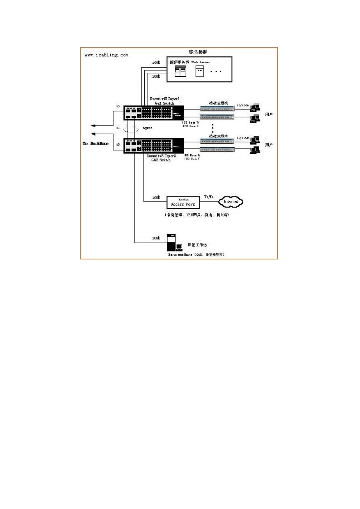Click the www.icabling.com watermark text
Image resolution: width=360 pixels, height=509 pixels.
pyautogui.click(x=106, y=55)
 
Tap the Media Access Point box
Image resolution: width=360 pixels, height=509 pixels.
pyautogui.click(x=183, y=202)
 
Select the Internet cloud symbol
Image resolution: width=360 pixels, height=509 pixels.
pyautogui.click(x=231, y=201)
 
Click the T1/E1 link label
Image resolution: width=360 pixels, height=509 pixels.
pyautogui.click(x=209, y=197)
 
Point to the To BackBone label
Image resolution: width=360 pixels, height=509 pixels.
pyautogui.click(x=95, y=144)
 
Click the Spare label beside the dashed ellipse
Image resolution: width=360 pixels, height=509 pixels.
pyautogui.click(x=147, y=128)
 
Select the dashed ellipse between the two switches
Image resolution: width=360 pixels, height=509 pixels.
pyautogui.click(x=131, y=129)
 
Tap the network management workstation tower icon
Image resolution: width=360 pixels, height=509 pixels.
pyautogui.click(x=171, y=242)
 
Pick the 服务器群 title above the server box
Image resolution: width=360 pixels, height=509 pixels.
pyautogui.click(x=198, y=52)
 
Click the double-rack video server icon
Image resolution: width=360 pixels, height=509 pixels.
pyautogui.click(x=180, y=71)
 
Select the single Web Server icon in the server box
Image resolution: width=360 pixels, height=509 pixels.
pyautogui.click(x=199, y=71)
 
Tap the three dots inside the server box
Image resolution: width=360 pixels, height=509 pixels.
pyautogui.click(x=216, y=71)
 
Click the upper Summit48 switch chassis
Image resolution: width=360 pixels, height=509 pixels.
pyautogui.click(x=153, y=113)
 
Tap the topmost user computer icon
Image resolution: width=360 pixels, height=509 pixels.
pyautogui.click(x=255, y=108)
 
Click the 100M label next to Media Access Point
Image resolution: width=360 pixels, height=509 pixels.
pyautogui.click(x=156, y=198)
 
